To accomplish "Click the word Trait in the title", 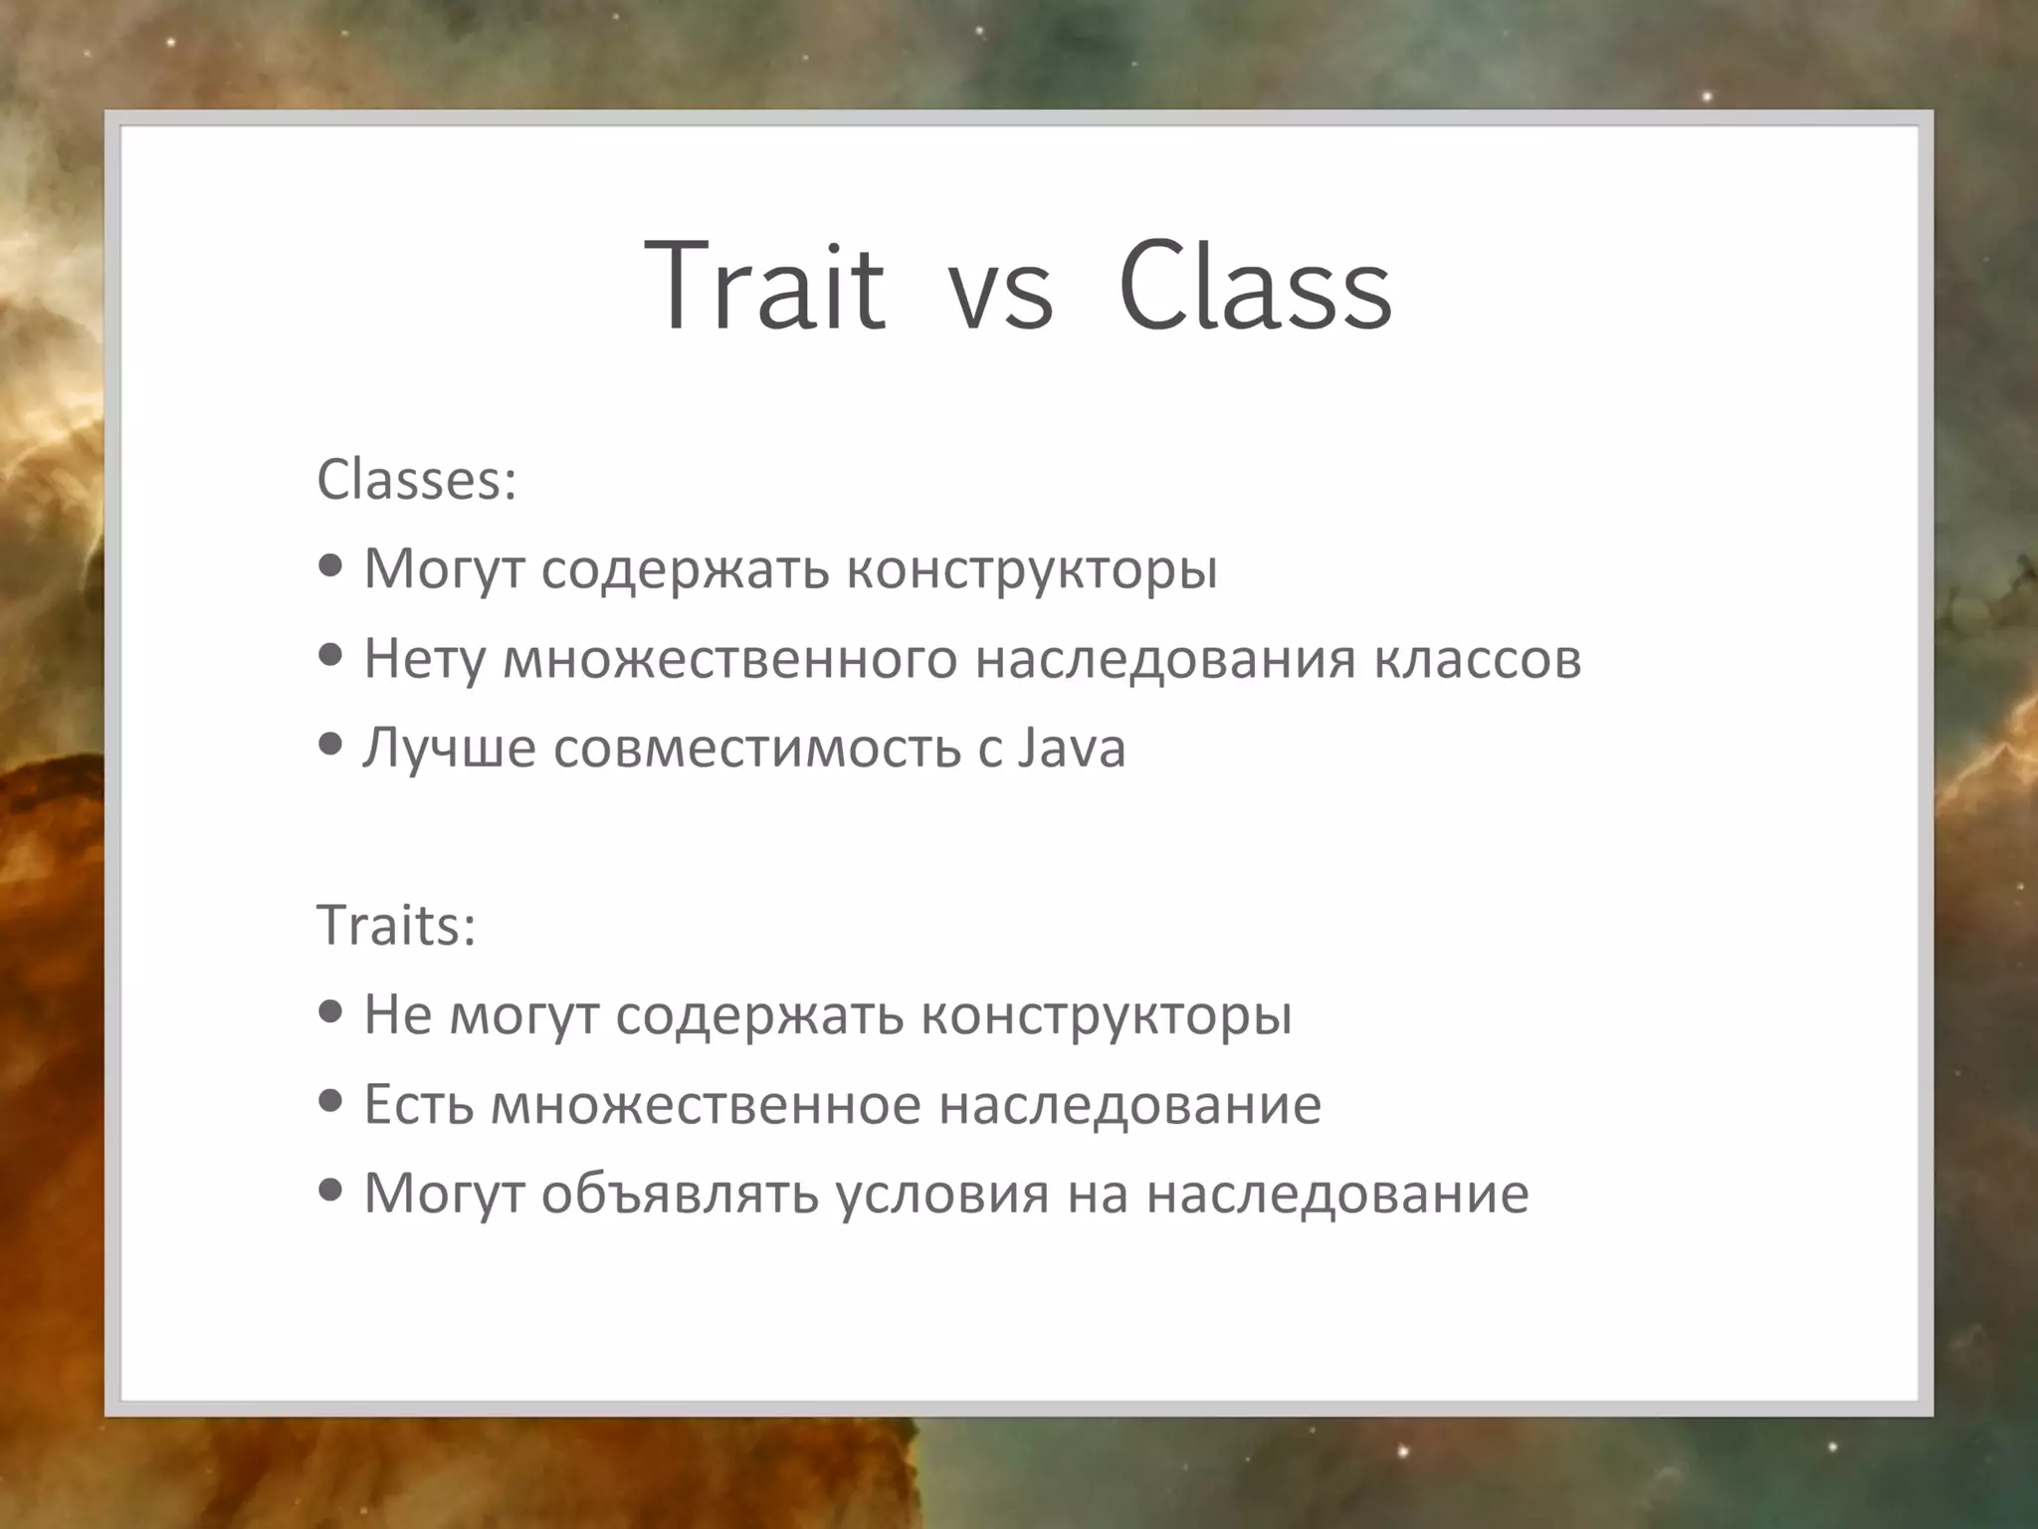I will (x=764, y=287).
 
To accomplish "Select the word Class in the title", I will (x=1255, y=287).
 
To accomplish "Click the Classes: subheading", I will (x=416, y=480).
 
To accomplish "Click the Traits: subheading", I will (x=396, y=925).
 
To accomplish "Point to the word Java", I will (x=1072, y=748).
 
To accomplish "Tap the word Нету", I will (x=424, y=659).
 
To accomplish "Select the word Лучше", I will (x=450, y=748).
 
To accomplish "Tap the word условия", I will (x=941, y=1194).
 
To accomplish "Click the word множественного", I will (x=729, y=659).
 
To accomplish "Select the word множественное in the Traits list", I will (x=706, y=1104).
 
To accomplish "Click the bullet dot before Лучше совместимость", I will (x=331, y=744).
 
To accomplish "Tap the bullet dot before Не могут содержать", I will (x=331, y=1011).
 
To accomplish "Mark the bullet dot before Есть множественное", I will (x=331, y=1100).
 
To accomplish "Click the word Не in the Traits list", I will (x=397, y=1015).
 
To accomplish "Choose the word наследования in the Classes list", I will (x=1165, y=659).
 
